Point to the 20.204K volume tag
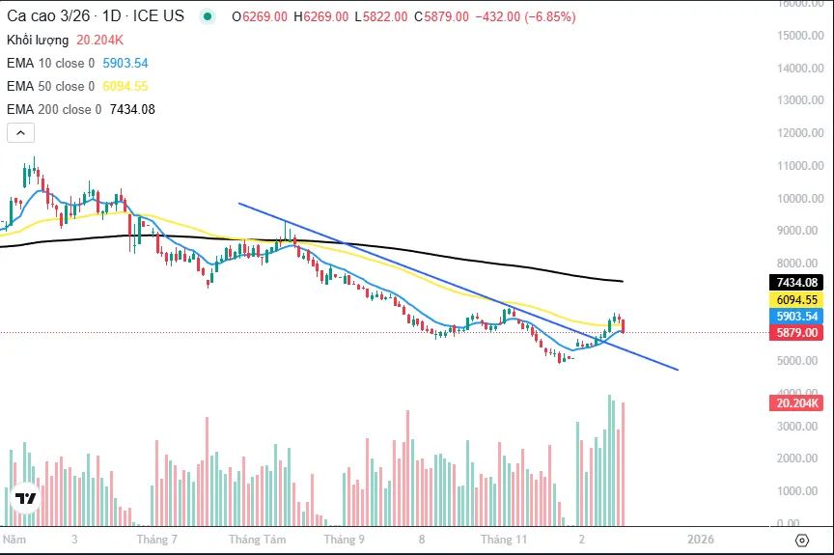point(796,402)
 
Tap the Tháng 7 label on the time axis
point(157,540)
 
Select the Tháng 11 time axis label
point(505,540)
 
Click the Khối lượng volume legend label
point(38,40)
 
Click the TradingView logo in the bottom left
point(26,498)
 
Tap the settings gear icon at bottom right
point(801,540)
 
